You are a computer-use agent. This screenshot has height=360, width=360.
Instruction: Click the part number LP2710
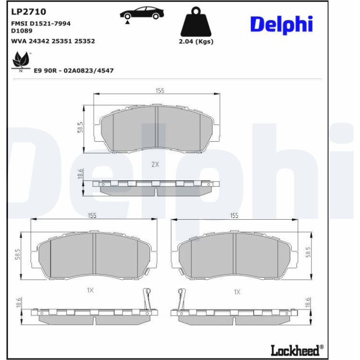coord(29,12)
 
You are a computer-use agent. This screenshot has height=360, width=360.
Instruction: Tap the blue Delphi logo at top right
coord(282,24)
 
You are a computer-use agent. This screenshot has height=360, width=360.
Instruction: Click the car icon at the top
coord(142,14)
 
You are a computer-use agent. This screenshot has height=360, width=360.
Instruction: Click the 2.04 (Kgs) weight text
coord(196,42)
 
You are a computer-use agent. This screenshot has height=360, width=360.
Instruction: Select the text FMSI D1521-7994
coord(41,23)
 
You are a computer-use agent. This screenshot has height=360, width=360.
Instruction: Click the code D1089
coord(22,31)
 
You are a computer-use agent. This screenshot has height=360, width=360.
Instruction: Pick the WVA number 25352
coord(85,41)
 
